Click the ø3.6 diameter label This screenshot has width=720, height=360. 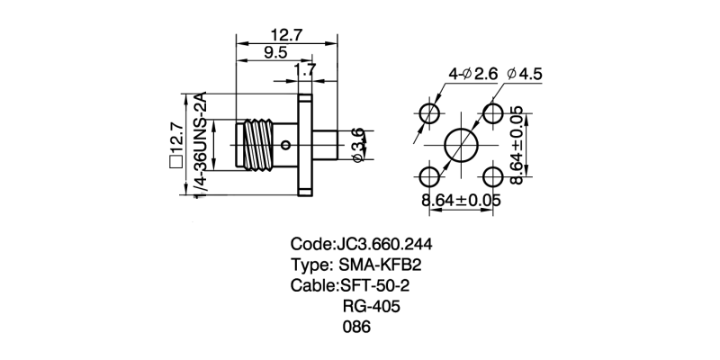[x=357, y=145]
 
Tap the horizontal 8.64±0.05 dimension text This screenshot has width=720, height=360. [x=461, y=200]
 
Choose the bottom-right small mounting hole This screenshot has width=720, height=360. [x=493, y=175]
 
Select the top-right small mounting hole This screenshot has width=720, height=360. [x=493, y=114]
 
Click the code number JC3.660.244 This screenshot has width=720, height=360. [x=390, y=244]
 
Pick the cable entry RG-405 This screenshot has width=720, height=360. [x=371, y=307]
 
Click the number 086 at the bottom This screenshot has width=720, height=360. [x=357, y=328]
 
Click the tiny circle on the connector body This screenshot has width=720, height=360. [x=285, y=145]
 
